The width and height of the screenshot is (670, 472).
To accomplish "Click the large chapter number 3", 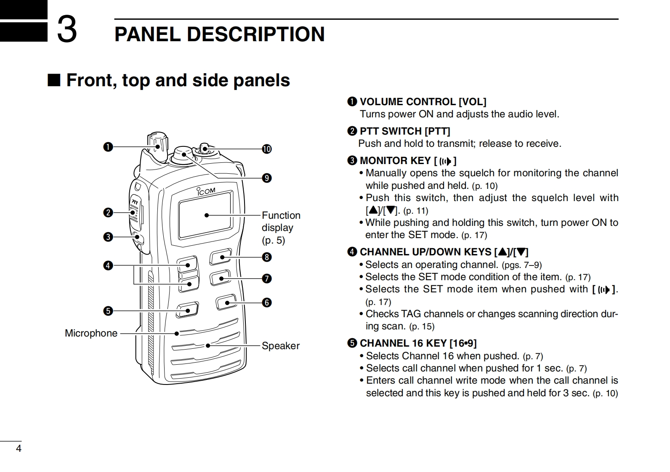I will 67,29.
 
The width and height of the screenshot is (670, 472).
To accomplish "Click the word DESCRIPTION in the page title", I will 255,34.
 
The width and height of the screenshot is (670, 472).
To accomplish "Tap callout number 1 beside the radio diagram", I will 108,147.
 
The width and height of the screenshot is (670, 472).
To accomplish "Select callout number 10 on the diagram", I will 266,149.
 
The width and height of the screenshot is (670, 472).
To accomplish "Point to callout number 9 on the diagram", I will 266,178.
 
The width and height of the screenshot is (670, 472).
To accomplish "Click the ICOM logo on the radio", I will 206,191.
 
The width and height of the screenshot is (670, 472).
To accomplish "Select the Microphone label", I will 91,333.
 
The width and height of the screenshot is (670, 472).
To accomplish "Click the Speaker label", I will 280,346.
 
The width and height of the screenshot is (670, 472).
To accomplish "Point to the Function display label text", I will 281,227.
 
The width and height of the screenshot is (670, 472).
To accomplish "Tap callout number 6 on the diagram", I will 266,302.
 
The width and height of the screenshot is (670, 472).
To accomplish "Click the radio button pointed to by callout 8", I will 221,256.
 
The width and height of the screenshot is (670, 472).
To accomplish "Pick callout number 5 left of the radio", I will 108,311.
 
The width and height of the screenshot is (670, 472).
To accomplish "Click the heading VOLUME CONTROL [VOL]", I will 423,102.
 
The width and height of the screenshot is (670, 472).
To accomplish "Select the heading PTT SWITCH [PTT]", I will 404,131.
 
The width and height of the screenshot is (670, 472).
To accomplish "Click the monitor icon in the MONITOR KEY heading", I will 445,161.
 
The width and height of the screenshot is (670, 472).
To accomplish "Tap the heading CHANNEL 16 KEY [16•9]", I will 418,343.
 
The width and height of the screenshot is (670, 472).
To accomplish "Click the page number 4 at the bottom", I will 19,448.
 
